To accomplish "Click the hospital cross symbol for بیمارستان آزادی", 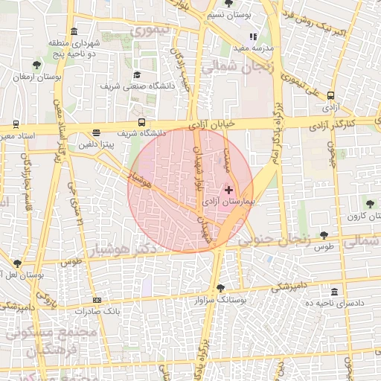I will [228, 190].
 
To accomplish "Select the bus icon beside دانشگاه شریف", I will [141, 123].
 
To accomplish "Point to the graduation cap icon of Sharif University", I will [137, 74].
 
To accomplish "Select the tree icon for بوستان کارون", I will [370, 203].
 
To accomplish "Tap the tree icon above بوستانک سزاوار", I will [220, 289].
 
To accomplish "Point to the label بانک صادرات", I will [103, 310].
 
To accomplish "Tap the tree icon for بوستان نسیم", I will [226, 3].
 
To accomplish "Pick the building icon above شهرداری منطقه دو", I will [73, 31].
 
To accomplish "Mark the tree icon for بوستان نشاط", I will [16, 263].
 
